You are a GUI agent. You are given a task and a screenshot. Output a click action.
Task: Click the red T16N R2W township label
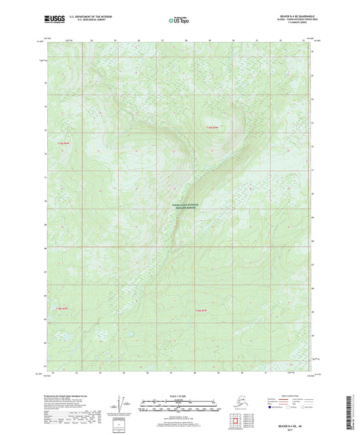[213, 127]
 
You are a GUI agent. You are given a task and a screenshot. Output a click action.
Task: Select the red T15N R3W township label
[63, 309]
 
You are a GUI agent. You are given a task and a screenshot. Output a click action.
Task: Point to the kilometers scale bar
[180, 398]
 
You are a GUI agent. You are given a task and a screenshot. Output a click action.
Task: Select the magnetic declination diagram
[122, 403]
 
